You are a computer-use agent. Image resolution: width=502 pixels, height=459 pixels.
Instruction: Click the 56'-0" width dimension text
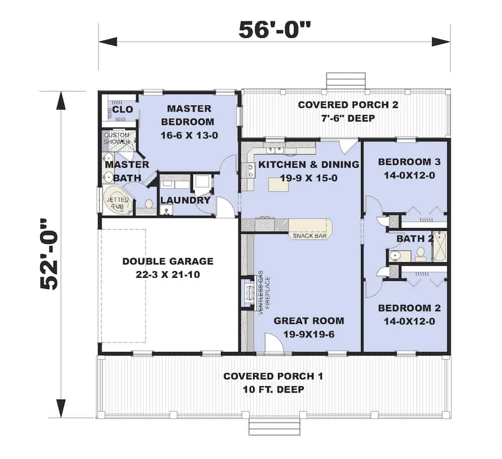pos(275,31)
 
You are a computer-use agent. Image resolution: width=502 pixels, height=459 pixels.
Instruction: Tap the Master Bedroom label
pos(189,115)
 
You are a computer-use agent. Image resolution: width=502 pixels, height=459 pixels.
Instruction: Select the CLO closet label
pos(122,109)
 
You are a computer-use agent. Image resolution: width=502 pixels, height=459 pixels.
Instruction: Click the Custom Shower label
pos(116,138)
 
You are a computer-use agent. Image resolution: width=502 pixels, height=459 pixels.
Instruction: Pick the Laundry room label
pos(185,200)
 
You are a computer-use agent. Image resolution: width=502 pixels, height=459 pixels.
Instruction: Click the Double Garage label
pos(168,261)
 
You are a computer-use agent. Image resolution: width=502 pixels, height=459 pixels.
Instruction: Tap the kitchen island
pos(279,184)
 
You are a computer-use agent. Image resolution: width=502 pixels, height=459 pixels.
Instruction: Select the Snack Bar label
pos(307,235)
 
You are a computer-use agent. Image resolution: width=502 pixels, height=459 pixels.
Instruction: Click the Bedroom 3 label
pos(405,162)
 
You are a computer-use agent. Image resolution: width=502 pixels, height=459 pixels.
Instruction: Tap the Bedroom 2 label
pos(405,308)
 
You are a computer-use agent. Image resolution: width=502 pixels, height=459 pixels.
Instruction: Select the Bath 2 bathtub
pos(439,247)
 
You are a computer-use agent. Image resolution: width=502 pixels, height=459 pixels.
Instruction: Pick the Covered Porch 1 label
pos(274,376)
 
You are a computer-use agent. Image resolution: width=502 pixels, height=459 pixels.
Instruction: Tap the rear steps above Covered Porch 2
pos(345,81)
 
